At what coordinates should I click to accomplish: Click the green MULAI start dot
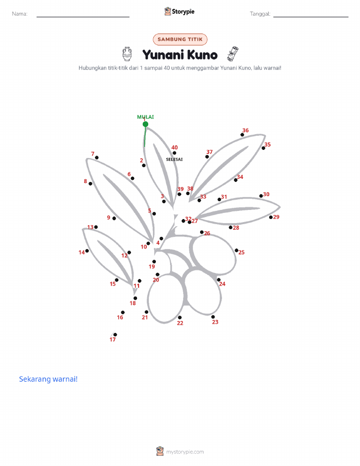(x=145, y=124)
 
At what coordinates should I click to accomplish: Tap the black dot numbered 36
(x=242, y=135)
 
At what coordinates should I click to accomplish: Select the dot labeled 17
(x=115, y=335)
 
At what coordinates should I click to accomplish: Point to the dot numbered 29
(x=271, y=218)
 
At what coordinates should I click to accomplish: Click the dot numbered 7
(x=96, y=158)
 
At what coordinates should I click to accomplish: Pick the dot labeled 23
(x=213, y=317)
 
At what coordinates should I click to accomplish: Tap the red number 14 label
(x=81, y=253)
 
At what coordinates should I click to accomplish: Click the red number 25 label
(x=242, y=253)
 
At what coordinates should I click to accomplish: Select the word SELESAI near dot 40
(x=174, y=159)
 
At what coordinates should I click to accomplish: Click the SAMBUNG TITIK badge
(x=180, y=39)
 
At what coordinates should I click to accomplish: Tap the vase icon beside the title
(x=127, y=54)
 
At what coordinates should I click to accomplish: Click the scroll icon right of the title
(x=233, y=54)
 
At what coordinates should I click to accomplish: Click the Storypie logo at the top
(x=179, y=12)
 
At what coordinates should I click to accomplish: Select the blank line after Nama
(x=83, y=17)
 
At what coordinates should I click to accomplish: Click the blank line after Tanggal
(x=311, y=17)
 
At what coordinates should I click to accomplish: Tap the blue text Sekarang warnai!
(x=48, y=379)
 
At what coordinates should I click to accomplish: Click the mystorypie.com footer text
(x=185, y=452)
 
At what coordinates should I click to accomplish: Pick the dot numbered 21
(x=146, y=312)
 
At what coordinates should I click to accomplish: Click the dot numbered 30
(x=261, y=196)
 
